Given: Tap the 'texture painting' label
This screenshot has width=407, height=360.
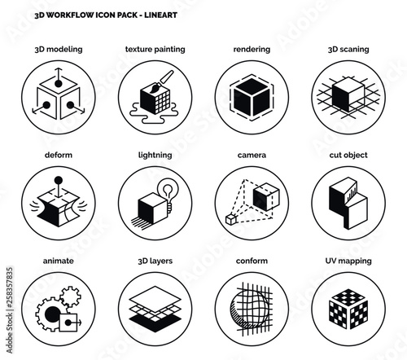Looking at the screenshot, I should click(155, 50).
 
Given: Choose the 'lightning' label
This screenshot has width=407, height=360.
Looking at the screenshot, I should click(155, 154).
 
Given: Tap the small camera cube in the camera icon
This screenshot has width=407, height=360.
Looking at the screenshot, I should click(230, 219).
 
